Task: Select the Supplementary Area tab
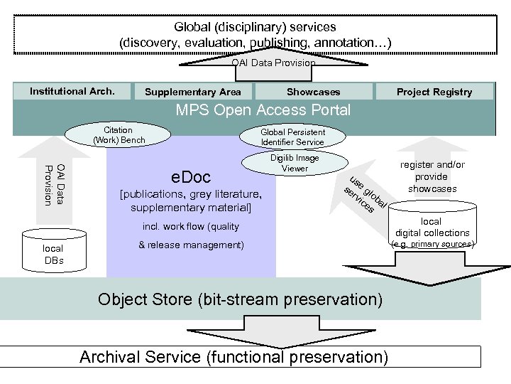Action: pos(193,92)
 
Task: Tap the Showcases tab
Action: pos(313,92)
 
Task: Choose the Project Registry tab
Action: pos(434,92)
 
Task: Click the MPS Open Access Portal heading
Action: pos(263,111)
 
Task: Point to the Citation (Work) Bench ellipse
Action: pos(119,135)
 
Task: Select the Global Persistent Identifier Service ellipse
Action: pos(292,137)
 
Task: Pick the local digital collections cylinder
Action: pos(432,223)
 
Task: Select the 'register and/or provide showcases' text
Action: pos(432,176)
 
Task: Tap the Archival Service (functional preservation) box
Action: pos(234,356)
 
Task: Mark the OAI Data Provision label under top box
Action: pos(273,63)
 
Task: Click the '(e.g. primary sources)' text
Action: pos(432,245)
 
